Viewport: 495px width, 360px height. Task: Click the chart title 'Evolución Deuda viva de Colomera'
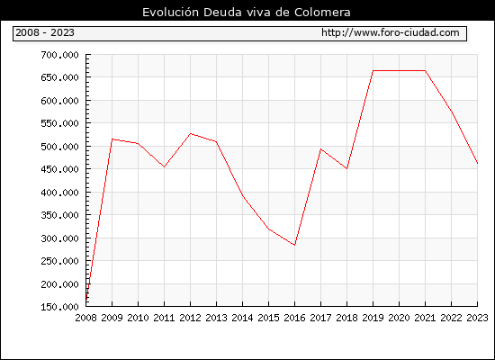click(x=247, y=13)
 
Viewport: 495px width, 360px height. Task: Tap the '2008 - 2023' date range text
click(x=45, y=32)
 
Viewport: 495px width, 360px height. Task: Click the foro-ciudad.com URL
click(x=391, y=32)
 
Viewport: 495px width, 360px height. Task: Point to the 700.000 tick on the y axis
click(x=59, y=55)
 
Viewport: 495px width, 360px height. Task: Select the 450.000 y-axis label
click(x=59, y=169)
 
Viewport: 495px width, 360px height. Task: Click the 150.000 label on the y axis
click(x=59, y=307)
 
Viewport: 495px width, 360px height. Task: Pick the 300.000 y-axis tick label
click(x=59, y=238)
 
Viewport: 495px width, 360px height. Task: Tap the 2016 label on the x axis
click(x=294, y=318)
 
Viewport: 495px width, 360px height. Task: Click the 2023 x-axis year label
click(x=477, y=318)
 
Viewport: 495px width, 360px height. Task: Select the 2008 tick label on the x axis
click(x=85, y=318)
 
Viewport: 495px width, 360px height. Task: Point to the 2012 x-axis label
click(x=191, y=318)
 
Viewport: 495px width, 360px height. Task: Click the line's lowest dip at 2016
click(x=295, y=245)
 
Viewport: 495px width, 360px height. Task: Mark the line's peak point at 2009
click(x=112, y=139)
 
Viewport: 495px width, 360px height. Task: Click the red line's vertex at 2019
click(x=373, y=71)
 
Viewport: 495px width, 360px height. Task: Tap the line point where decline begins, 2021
click(x=425, y=71)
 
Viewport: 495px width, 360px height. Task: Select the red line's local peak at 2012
click(x=191, y=134)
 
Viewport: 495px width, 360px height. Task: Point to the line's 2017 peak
click(x=320, y=149)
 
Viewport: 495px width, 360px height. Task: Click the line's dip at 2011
click(x=164, y=166)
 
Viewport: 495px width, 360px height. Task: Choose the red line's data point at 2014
click(x=242, y=196)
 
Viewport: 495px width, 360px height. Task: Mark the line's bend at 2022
click(x=452, y=112)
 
